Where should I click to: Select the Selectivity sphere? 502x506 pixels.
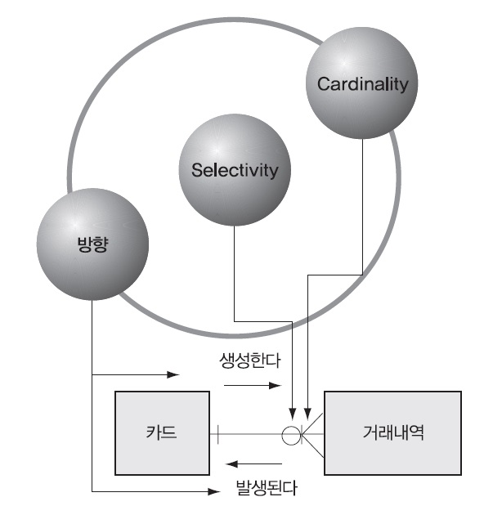[235, 170]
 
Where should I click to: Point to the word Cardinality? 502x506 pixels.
[361, 84]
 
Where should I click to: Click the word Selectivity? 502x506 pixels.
[235, 171]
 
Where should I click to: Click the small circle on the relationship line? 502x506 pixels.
[292, 433]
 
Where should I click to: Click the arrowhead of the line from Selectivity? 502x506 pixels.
[292, 411]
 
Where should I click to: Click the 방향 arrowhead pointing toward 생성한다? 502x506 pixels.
[173, 375]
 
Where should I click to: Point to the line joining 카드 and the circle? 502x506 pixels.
[250, 433]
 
